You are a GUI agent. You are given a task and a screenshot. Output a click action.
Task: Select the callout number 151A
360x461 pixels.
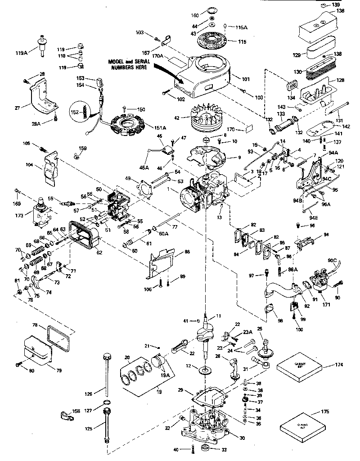160,128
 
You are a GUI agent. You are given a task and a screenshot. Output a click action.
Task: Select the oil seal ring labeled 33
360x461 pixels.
205,448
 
